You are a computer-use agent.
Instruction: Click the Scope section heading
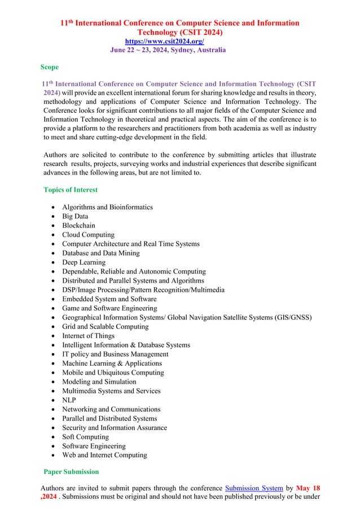tap(49, 67)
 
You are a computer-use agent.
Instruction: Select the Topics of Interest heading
tap(71, 190)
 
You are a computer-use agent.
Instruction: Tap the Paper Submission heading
tap(71, 471)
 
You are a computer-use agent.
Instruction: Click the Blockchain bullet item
tap(78, 225)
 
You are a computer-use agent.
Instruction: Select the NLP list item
tap(69, 400)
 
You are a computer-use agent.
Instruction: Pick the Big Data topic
tap(76, 216)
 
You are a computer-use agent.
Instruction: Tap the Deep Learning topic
tap(84, 262)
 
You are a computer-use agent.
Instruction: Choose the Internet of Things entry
tap(89, 335)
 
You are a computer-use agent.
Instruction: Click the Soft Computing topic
tap(85, 436)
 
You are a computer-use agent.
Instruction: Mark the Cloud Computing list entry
tap(88, 234)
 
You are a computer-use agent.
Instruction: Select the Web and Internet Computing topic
tap(104, 455)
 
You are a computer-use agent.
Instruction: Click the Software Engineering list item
tap(94, 446)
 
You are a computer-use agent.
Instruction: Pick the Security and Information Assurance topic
tap(115, 427)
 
